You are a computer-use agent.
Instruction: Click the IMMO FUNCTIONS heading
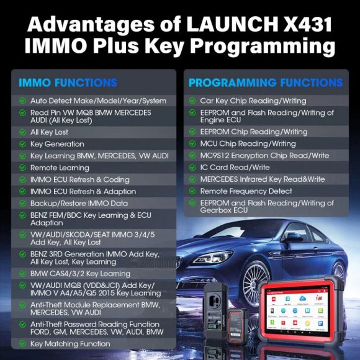(68, 83)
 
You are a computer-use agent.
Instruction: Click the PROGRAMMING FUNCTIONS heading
(266, 83)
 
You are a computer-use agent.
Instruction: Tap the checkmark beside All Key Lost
(22, 132)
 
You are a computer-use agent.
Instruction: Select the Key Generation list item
(56, 144)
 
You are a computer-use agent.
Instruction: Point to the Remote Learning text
(60, 168)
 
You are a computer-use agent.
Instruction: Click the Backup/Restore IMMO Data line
(79, 203)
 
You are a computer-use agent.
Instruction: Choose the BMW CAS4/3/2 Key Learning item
(80, 273)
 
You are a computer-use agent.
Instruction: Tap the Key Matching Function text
(70, 343)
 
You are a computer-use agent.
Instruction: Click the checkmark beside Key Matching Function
(22, 343)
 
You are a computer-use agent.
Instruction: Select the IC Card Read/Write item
(235, 167)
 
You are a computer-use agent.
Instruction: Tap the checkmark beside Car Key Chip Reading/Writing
(192, 100)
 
